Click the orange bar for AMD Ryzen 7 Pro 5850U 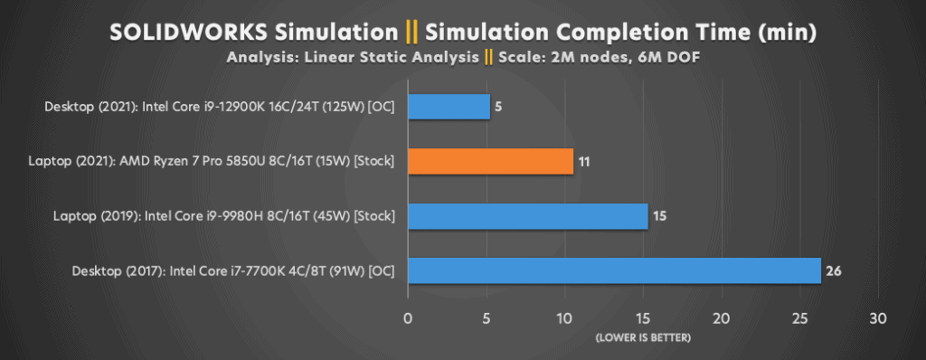[490, 162]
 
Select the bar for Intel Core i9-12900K [449, 107]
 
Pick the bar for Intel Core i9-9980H [527, 216]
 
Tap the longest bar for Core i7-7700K [614, 270]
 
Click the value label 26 [834, 270]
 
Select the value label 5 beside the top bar [498, 107]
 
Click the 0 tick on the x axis [408, 318]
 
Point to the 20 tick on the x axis [721, 318]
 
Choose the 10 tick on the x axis [564, 318]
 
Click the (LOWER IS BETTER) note [643, 337]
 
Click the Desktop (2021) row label [221, 107]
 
